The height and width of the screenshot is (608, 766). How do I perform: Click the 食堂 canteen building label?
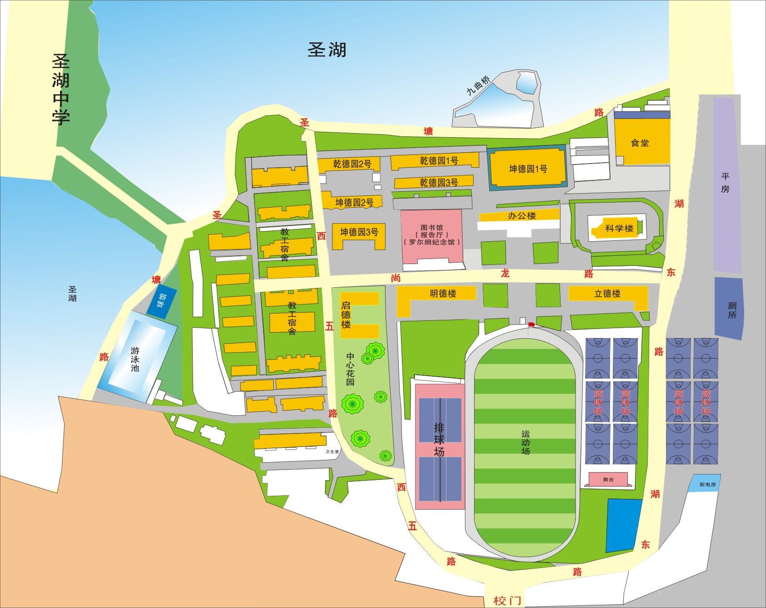tap(640, 143)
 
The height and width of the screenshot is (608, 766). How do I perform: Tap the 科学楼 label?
tap(619, 228)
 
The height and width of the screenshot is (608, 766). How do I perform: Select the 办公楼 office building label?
tap(521, 216)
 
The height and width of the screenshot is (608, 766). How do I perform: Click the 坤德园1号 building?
tap(527, 169)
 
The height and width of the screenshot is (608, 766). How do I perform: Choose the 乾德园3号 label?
tap(439, 182)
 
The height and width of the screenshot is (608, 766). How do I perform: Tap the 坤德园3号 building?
tap(359, 233)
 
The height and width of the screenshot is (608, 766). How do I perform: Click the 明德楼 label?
tap(443, 294)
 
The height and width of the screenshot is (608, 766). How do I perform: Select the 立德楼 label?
tap(607, 294)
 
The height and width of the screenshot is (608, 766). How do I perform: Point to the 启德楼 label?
tap(346, 314)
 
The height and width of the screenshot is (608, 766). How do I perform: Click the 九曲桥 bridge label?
tap(478, 85)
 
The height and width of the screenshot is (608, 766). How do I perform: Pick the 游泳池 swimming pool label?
tap(135, 359)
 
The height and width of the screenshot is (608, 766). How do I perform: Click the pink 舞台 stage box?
tap(608, 479)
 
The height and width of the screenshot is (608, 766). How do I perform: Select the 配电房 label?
tap(707, 484)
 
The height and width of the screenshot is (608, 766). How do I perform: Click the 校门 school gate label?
tap(507, 600)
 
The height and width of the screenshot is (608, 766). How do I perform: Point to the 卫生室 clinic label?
tap(332, 452)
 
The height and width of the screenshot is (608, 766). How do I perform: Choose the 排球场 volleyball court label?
tap(439, 439)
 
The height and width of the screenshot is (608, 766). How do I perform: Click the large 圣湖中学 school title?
tap(61, 89)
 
